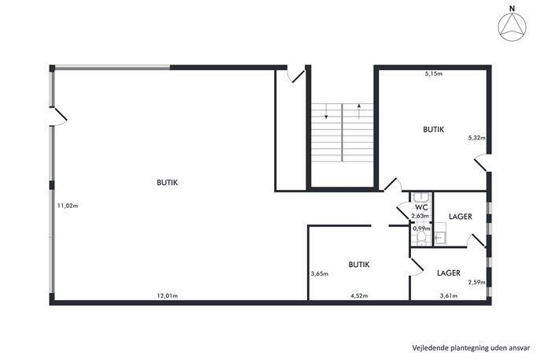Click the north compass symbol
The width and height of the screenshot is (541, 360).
point(512,25)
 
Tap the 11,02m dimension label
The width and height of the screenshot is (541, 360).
point(68,206)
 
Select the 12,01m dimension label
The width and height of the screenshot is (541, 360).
point(167,295)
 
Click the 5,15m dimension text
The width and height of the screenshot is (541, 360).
point(433,73)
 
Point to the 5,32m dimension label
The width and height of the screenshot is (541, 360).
point(476,138)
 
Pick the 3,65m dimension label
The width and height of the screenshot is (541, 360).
point(319,274)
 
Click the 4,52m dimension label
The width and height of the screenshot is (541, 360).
point(359,295)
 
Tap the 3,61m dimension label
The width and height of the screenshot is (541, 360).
point(449,295)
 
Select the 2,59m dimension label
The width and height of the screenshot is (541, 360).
point(476,282)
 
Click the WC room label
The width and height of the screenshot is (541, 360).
point(421,207)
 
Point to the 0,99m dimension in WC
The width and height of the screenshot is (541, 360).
point(421,228)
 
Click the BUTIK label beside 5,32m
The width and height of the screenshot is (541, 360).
point(433,129)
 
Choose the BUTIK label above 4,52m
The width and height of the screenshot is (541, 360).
point(359,265)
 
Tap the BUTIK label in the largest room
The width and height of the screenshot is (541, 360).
point(167,183)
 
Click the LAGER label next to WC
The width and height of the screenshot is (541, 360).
point(460,217)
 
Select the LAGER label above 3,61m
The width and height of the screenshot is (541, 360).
point(449,273)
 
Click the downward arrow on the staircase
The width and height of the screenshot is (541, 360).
point(326,112)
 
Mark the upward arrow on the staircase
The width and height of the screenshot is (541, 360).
point(359,112)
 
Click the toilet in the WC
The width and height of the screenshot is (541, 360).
point(421,239)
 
